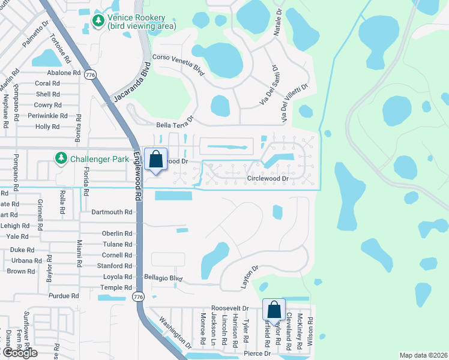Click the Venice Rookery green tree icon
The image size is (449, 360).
(98, 21)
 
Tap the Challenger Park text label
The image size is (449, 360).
(100, 160)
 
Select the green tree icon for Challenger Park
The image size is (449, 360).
(61, 158)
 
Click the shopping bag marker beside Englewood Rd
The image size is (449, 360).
(155, 160)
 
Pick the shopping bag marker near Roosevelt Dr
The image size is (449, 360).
(274, 310)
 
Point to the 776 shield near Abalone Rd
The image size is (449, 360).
(91, 74)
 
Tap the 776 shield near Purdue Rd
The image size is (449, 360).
(138, 296)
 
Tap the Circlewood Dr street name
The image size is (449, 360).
(268, 179)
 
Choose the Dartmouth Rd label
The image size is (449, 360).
(112, 212)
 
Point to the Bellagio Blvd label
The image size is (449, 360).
(163, 278)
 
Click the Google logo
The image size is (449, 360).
(20, 353)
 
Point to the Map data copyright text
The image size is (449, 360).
(423, 355)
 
